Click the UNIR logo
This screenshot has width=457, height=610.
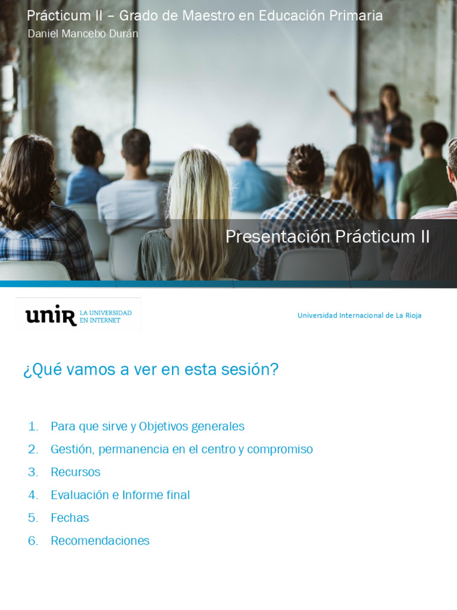click(51, 316)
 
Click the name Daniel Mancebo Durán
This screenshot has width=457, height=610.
click(83, 34)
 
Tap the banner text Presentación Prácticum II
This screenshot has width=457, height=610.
click(327, 236)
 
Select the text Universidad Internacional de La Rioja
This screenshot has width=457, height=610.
click(359, 315)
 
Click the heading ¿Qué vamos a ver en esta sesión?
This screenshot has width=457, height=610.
click(151, 369)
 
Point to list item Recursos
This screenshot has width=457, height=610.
click(76, 472)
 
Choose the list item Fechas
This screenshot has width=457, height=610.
click(70, 518)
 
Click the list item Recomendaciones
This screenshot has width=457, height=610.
click(100, 540)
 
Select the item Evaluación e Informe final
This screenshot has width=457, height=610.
click(120, 495)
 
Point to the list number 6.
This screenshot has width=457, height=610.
click(33, 540)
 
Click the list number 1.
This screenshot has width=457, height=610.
click(33, 427)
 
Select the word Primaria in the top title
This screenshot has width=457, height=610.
click(355, 15)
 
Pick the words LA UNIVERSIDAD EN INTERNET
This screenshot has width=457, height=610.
click(106, 316)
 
